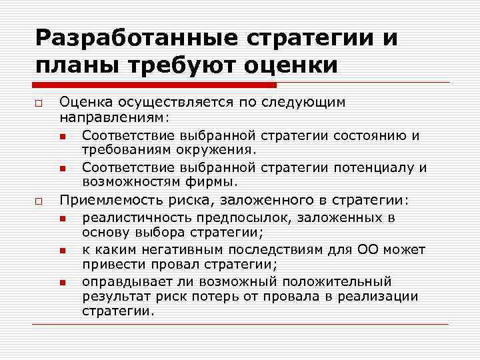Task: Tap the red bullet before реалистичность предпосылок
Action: (62, 219)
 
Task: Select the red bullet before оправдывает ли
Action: (62, 283)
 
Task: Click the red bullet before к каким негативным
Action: (62, 251)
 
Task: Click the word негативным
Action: (175, 249)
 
